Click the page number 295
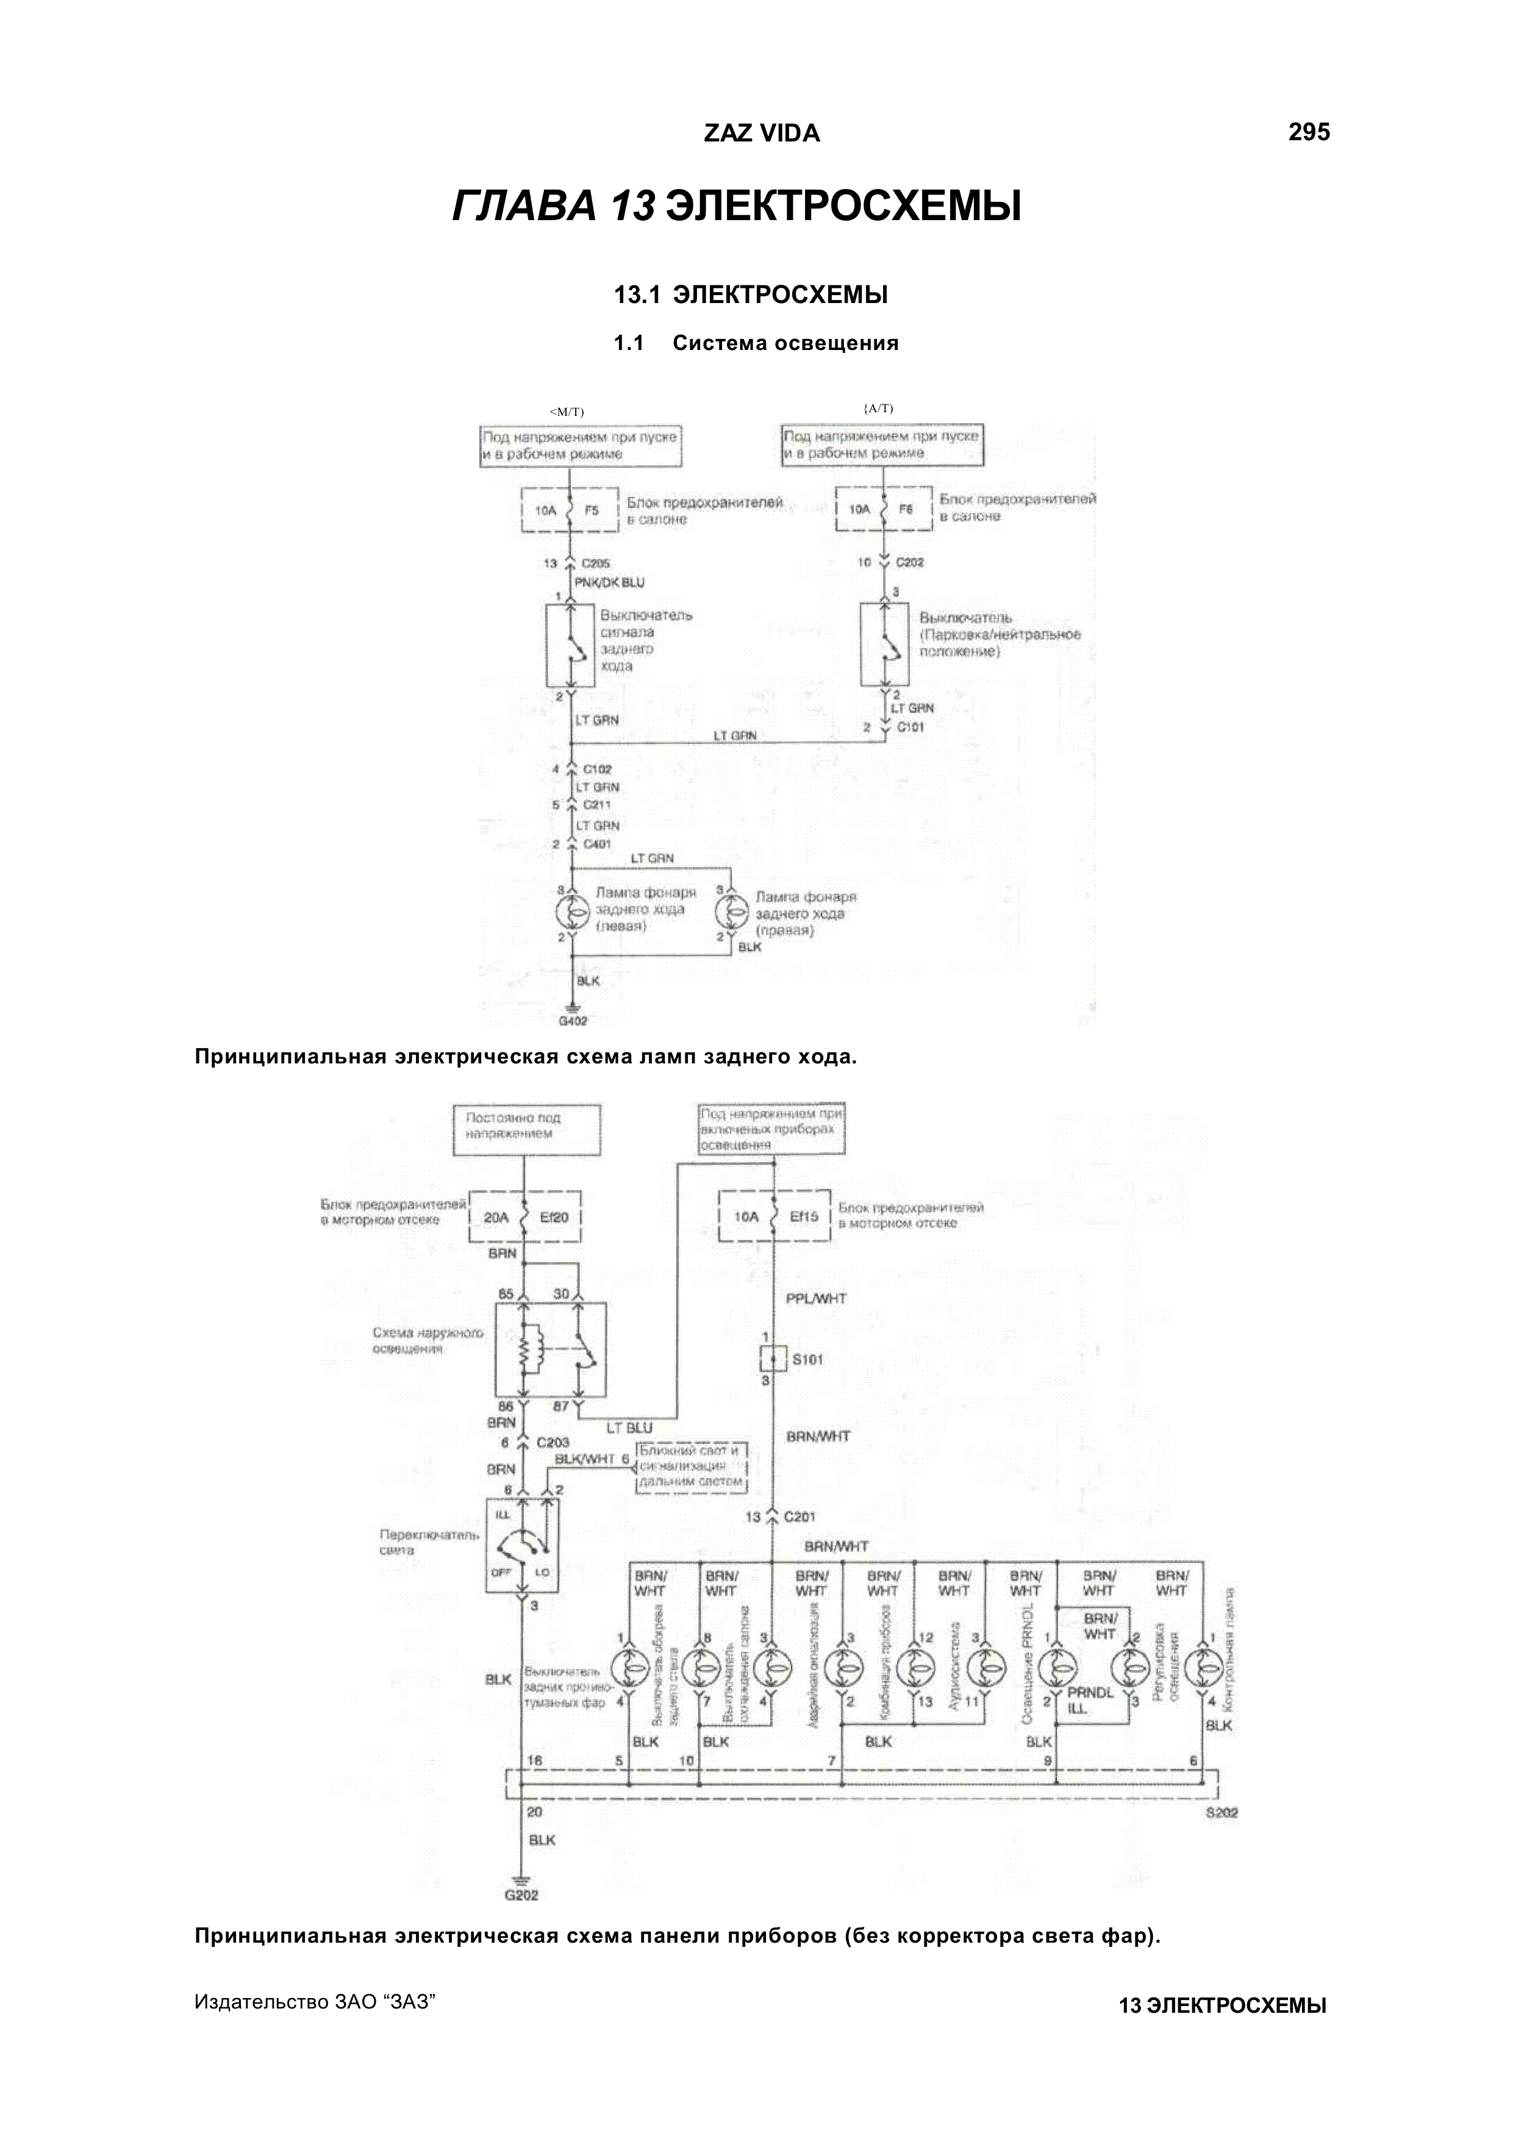[x=1308, y=132]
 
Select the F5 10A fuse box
[x=569, y=510]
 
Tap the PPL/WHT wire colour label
[x=816, y=1299]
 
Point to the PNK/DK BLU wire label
[x=609, y=582]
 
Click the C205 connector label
[x=596, y=563]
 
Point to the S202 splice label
[x=1220, y=1813]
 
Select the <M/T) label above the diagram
[x=567, y=412]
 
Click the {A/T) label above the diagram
[x=878, y=408]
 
